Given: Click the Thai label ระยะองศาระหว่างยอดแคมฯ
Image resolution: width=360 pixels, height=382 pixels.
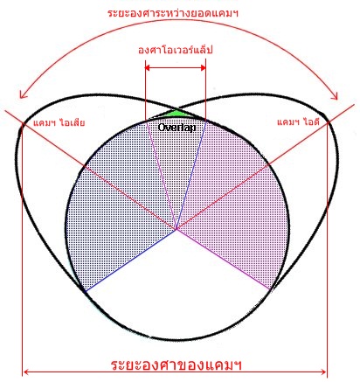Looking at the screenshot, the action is point(173,13).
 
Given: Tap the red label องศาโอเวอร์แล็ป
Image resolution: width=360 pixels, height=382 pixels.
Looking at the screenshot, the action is point(176,50).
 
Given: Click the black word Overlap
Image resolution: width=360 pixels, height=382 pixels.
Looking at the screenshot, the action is point(177,128).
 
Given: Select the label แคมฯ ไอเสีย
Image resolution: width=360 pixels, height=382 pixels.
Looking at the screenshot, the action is point(59,122).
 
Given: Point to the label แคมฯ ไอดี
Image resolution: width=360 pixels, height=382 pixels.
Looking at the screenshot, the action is point(298,122).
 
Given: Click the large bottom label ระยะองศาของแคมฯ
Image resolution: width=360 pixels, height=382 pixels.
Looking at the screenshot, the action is point(177,365).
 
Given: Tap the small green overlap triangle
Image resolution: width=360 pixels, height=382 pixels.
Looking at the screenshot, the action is point(175,114).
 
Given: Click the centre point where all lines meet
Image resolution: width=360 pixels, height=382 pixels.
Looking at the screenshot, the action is point(177,230).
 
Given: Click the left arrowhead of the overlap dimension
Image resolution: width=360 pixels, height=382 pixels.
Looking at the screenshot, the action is point(148,68).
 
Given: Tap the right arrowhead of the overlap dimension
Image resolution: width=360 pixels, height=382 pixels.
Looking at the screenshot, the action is point(204,68).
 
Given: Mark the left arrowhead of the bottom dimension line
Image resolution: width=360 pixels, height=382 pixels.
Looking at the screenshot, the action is point(25,372).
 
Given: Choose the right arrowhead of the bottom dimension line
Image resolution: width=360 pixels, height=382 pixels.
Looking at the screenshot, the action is point(323,372).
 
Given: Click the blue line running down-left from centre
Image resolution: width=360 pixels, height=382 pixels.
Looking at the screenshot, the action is point(130,260).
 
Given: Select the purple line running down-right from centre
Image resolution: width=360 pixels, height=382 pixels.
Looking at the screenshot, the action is point(224,260).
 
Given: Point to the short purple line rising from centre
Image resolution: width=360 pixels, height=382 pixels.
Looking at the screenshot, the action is point(161,175).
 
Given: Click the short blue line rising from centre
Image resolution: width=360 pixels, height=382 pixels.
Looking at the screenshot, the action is point(191,175).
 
